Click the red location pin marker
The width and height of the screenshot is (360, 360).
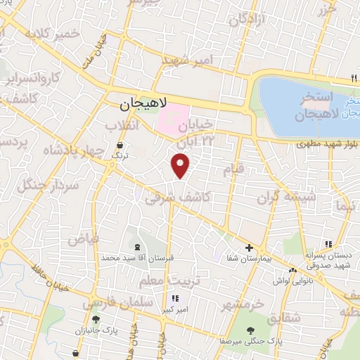[x=181, y=165]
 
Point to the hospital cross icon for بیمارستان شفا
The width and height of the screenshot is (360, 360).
[x=249, y=247]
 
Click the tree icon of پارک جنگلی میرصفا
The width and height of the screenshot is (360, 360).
[x=250, y=331]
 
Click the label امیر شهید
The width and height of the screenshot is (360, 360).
[x=188, y=61]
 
